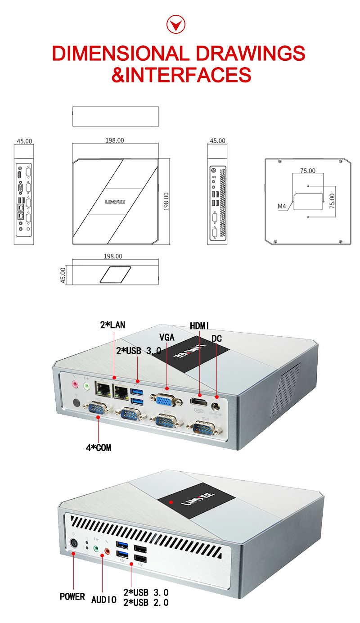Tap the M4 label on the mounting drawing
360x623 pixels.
pyautogui.click(x=282, y=207)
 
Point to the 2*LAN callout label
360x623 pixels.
pyautogui.click(x=112, y=325)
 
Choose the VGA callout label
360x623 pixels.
pyautogui.click(x=166, y=337)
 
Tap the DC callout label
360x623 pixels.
pyautogui.click(x=216, y=338)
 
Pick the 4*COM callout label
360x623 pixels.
pyautogui.click(x=99, y=447)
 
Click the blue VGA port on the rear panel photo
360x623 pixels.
pyautogui.click(x=166, y=399)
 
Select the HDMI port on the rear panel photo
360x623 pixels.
pyautogui.click(x=198, y=401)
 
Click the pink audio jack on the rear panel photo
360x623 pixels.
pyautogui.click(x=76, y=385)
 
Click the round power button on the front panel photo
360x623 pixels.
pyautogui.click(x=74, y=543)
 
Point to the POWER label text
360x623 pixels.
pyautogui.click(x=72, y=596)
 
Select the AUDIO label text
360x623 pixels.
pyautogui.click(x=104, y=600)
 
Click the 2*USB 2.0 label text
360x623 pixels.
pyautogui.click(x=146, y=602)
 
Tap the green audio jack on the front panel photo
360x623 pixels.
pyautogui.click(x=96, y=549)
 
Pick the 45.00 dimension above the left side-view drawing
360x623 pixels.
pyautogui.click(x=24, y=141)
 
